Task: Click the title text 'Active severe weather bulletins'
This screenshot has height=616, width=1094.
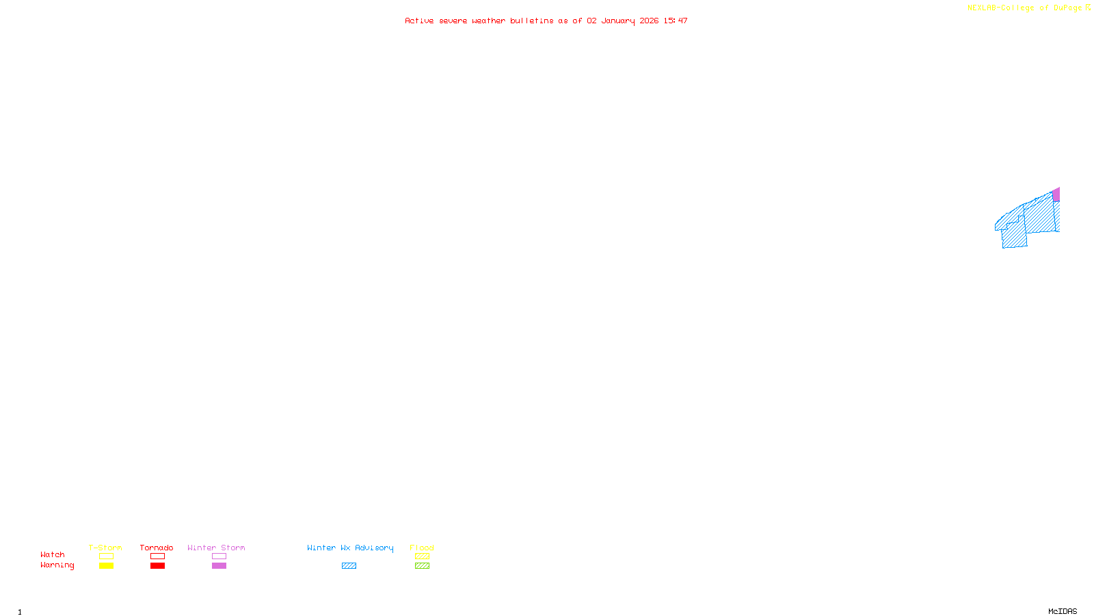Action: coord(479,21)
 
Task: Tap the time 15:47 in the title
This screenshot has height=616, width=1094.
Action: coord(676,21)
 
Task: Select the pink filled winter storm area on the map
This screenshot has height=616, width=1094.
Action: coord(1056,195)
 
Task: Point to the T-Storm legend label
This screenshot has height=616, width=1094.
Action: coord(105,548)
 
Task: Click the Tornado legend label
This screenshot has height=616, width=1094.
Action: coord(157,548)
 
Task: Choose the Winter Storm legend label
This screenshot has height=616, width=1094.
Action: coord(216,548)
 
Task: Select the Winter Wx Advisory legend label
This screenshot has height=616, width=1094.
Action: coord(350,548)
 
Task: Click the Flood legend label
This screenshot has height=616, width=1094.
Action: coord(422,548)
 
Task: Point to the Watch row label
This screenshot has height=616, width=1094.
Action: coord(53,554)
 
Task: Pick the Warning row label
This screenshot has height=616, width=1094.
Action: coord(57,565)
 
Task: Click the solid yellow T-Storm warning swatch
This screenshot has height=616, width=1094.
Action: coord(106,566)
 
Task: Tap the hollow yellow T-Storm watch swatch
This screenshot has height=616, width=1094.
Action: coord(106,556)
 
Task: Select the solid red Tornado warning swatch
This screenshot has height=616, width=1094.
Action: coord(157,566)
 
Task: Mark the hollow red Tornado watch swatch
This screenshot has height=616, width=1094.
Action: coord(157,556)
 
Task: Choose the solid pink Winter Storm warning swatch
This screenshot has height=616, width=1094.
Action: coord(219,566)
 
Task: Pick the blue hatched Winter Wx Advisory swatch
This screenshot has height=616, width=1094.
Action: coord(349,566)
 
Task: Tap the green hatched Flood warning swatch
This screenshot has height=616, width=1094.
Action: coord(422,566)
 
